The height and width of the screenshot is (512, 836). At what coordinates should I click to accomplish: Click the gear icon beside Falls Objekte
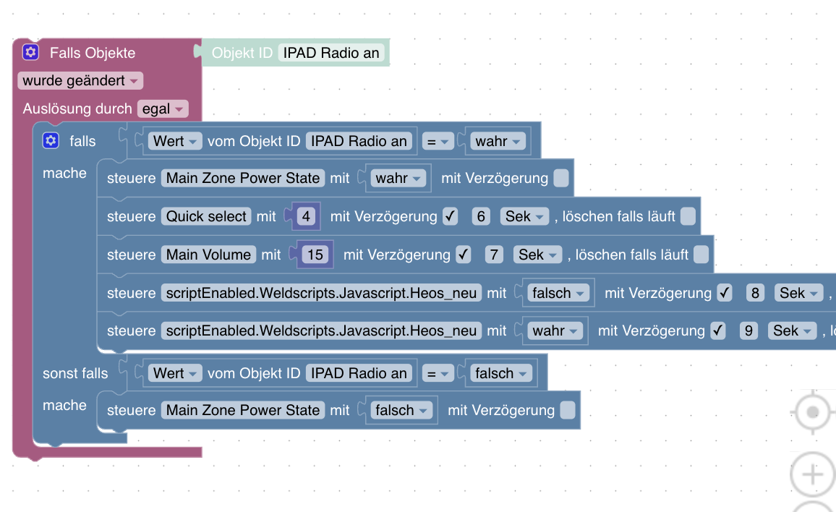(30, 52)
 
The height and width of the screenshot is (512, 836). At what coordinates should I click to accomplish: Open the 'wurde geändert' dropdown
(80, 80)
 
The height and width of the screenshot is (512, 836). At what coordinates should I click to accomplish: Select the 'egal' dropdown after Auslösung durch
(163, 108)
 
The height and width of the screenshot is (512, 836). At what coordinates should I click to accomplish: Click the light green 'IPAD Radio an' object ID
(331, 53)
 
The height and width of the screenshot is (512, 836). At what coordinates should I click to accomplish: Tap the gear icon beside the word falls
(51, 141)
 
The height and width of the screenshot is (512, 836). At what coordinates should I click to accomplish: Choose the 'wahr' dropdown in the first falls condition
(498, 141)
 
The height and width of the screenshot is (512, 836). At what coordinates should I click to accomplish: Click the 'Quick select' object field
(206, 216)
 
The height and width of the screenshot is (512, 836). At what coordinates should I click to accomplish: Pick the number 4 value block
(306, 216)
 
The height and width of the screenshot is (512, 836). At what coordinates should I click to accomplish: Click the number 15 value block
(315, 255)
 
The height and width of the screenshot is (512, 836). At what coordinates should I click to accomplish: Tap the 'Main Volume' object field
(208, 255)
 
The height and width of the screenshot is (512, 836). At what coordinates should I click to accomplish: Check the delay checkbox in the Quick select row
(451, 216)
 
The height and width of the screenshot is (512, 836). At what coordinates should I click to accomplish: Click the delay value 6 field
(481, 216)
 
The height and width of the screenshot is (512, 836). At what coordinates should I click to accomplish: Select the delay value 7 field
(494, 255)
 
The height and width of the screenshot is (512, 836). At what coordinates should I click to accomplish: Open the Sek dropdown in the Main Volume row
(537, 255)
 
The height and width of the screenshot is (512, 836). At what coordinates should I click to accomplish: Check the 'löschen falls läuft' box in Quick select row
(688, 216)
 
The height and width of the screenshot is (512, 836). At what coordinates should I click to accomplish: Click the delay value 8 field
(755, 294)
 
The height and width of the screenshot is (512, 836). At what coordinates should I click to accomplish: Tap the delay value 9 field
(748, 331)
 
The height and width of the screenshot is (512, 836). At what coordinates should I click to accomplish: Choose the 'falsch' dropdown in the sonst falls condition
(500, 373)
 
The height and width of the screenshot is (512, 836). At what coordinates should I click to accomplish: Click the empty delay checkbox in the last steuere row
(568, 410)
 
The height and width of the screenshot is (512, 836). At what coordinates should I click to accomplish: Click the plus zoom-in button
(813, 474)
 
